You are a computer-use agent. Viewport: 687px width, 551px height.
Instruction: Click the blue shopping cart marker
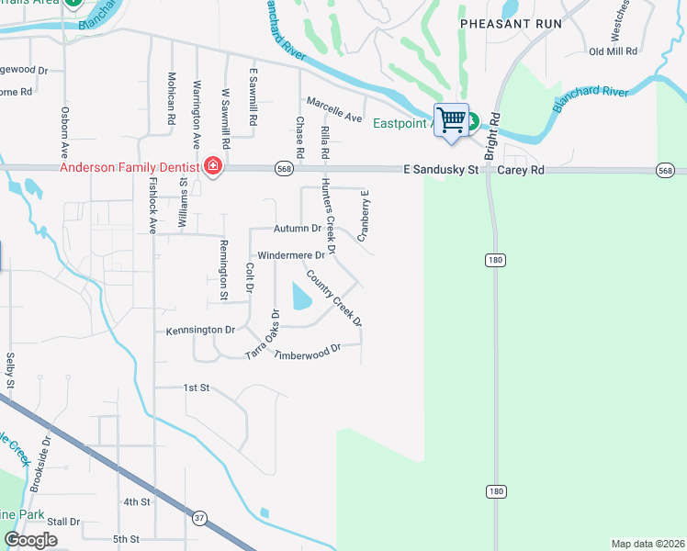pyautogui.click(x=451, y=120)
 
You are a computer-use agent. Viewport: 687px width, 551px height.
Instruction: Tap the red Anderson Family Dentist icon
pyautogui.click(x=213, y=166)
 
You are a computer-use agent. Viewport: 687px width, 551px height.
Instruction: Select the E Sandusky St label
pyautogui.click(x=441, y=170)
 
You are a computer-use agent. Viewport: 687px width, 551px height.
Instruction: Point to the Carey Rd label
pyautogui.click(x=521, y=170)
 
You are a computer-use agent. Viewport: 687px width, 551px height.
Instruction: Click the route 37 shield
pyautogui.click(x=199, y=518)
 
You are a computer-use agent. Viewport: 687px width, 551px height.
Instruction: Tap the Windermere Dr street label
pyautogui.click(x=291, y=254)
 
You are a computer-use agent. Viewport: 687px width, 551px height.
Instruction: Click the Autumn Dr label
pyautogui.click(x=298, y=228)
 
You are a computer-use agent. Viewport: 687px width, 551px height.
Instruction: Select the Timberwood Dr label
pyautogui.click(x=307, y=351)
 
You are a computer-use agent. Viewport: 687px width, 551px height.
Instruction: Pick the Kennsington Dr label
pyautogui.click(x=201, y=329)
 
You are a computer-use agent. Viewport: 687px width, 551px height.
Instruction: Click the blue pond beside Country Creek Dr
pyautogui.click(x=301, y=297)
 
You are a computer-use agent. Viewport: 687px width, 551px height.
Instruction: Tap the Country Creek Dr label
pyautogui.click(x=334, y=298)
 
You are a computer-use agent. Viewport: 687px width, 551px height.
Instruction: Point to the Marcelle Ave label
pyautogui.click(x=334, y=109)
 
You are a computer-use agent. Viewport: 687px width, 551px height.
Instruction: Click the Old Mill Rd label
pyautogui.click(x=614, y=51)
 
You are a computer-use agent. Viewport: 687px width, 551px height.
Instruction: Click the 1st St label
pyautogui.click(x=197, y=388)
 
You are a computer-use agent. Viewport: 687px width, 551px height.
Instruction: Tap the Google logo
pyautogui.click(x=30, y=540)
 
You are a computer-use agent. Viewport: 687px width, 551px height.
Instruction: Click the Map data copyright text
pyautogui.click(x=648, y=544)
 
